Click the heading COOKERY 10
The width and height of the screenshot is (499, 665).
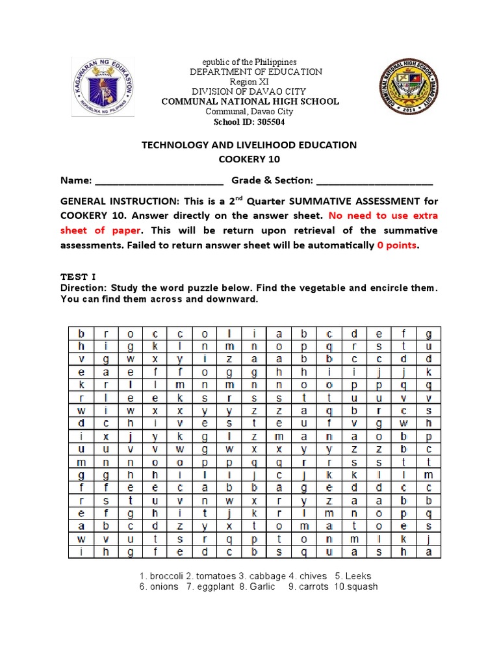click(249, 159)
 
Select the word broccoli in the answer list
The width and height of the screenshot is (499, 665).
click(167, 576)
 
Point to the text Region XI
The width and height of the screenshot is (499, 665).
click(250, 82)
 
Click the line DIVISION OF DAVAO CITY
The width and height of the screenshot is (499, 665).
click(250, 92)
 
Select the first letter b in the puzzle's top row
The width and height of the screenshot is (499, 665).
click(82, 333)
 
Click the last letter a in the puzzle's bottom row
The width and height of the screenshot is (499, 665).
click(428, 551)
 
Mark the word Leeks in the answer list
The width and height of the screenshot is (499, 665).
click(358, 576)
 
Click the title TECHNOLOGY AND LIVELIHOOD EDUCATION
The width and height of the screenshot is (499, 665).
click(249, 145)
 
